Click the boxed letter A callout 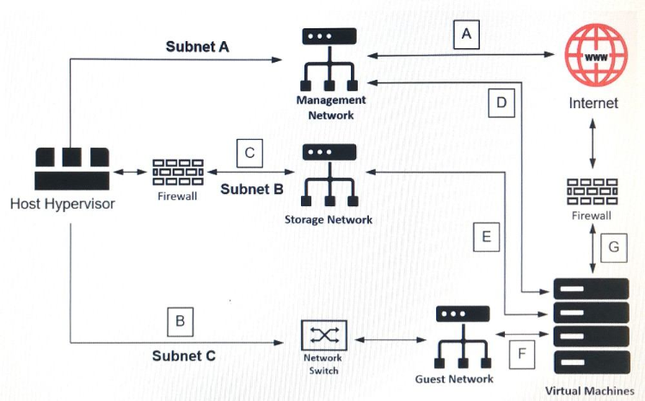[x=466, y=33]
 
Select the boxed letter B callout [x=180, y=322]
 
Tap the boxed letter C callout [x=249, y=154]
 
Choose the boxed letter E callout [x=487, y=237]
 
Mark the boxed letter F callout [x=521, y=352]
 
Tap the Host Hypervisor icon [x=72, y=167]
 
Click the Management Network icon [x=329, y=59]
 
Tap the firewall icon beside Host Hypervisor [x=177, y=173]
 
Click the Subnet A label [x=197, y=46]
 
